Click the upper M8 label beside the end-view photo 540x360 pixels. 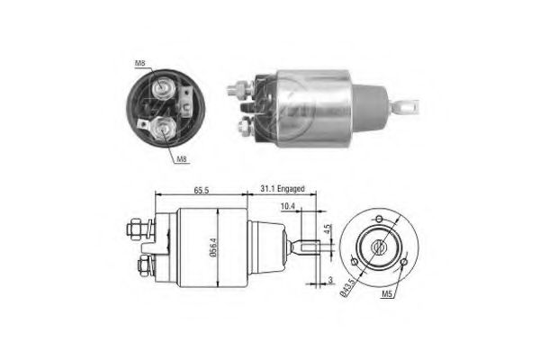tap(140, 62)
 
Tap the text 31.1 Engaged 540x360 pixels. tap(283, 190)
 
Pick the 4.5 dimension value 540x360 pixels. tap(329, 228)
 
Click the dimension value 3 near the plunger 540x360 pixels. tap(329, 281)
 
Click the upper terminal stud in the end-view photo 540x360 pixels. tap(164, 87)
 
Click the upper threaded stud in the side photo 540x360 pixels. tap(238, 89)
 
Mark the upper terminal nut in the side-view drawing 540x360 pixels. tap(137, 229)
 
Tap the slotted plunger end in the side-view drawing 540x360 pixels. tap(307, 248)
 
